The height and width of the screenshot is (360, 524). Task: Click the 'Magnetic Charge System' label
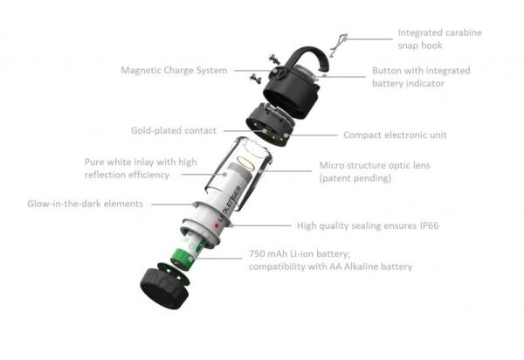174,71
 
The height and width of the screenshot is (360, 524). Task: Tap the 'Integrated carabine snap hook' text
440,38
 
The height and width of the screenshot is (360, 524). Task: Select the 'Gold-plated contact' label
174,130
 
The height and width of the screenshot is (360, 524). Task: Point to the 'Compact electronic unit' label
395,135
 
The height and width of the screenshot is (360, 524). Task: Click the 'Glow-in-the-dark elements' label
86,204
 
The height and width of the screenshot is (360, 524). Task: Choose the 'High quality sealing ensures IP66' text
368,225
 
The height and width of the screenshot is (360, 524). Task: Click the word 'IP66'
429,225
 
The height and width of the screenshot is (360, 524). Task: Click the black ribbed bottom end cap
163,288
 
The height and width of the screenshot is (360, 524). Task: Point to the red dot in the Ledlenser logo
217,226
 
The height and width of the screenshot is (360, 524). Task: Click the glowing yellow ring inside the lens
248,161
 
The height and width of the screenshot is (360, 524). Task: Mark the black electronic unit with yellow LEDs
271,124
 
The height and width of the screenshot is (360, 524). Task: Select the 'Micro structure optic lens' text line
375,165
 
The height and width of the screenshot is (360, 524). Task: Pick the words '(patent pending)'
355,178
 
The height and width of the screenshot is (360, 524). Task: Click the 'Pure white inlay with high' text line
141,163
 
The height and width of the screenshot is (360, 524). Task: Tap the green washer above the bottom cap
174,274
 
